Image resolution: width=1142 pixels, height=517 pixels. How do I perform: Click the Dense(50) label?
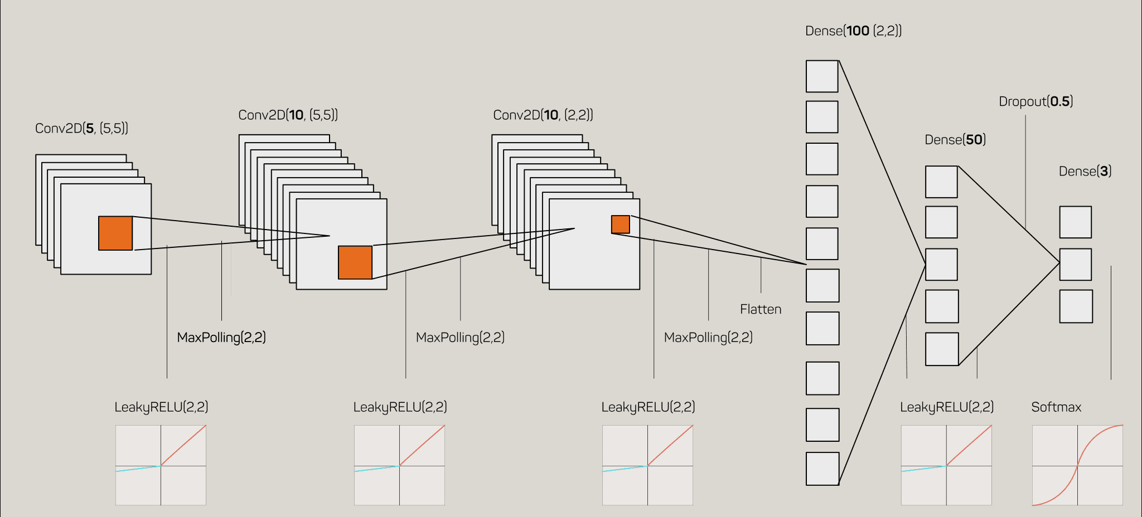(x=955, y=140)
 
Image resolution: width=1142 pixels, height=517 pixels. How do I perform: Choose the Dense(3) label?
(x=1085, y=172)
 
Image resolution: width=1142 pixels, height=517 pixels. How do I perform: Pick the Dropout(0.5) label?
(x=1035, y=101)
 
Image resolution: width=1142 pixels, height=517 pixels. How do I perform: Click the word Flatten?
(x=761, y=310)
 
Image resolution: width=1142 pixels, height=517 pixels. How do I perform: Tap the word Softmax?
(x=1056, y=407)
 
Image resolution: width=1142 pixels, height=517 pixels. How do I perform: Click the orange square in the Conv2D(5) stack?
(x=115, y=233)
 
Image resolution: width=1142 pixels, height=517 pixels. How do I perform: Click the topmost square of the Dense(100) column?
(x=822, y=76)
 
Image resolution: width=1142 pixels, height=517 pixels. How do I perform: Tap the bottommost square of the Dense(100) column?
(x=822, y=469)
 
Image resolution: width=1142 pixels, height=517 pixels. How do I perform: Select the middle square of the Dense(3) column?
(x=1075, y=265)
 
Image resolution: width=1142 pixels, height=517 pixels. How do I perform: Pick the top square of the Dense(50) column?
(x=941, y=182)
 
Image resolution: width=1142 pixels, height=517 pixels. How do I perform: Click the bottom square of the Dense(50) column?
(x=942, y=349)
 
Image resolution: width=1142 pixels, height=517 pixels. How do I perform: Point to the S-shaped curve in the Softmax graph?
(x=1077, y=466)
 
